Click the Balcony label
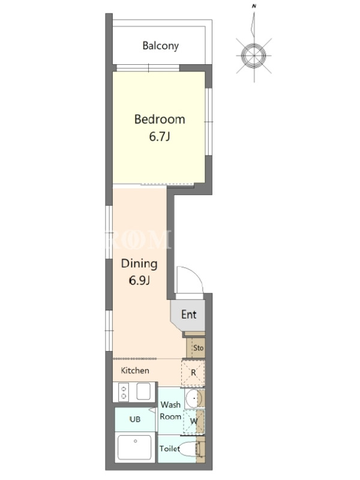(160, 46)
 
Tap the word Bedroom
(160, 119)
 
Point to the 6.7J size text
(160, 137)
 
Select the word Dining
(139, 264)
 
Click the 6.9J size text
(139, 280)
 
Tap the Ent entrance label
(189, 314)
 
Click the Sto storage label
(199, 348)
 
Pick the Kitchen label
(135, 370)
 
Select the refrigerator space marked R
(193, 373)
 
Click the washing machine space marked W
(194, 422)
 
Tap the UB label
(135, 419)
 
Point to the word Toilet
(170, 449)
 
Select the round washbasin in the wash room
(194, 398)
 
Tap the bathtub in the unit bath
(134, 447)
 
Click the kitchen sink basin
(143, 391)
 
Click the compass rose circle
(254, 56)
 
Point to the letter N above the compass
(254, 6)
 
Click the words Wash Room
(170, 410)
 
